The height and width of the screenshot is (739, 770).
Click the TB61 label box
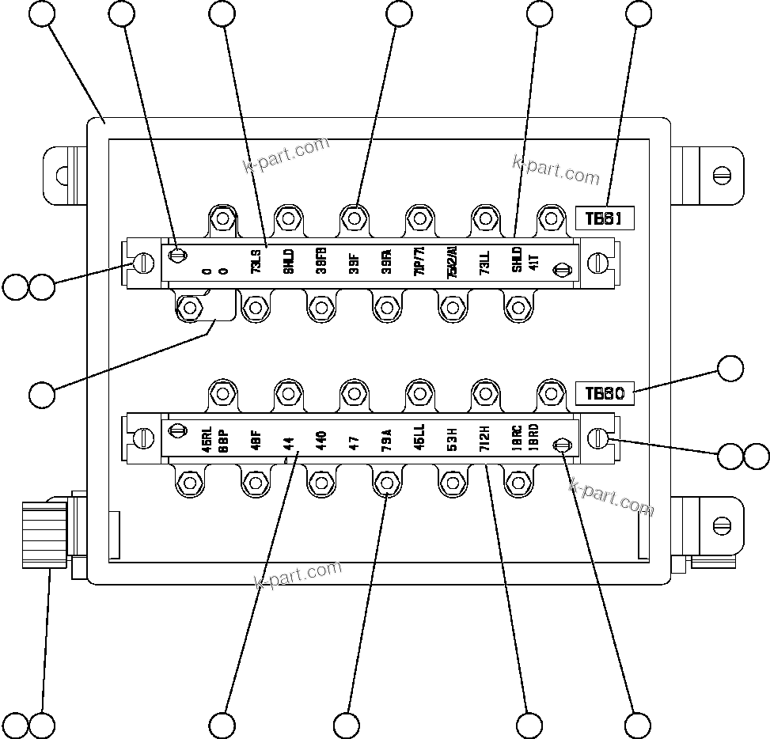(605, 219)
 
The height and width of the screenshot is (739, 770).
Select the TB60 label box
(605, 393)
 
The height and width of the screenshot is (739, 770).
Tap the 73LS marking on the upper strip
(256, 261)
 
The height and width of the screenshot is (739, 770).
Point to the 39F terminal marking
(354, 261)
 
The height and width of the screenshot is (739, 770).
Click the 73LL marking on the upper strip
(484, 261)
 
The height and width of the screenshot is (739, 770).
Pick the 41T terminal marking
(533, 262)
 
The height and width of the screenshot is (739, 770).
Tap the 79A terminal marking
(386, 439)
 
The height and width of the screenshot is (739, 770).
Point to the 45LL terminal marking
(419, 438)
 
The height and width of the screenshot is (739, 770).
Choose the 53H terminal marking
(451, 439)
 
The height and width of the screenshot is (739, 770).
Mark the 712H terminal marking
(484, 438)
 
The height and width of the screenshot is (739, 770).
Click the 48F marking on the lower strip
(256, 439)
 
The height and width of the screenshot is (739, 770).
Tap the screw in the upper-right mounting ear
(720, 174)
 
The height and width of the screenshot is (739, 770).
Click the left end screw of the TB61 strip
(144, 262)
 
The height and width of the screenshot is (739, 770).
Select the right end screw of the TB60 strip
(599, 438)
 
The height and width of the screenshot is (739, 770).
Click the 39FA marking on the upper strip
(386, 261)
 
